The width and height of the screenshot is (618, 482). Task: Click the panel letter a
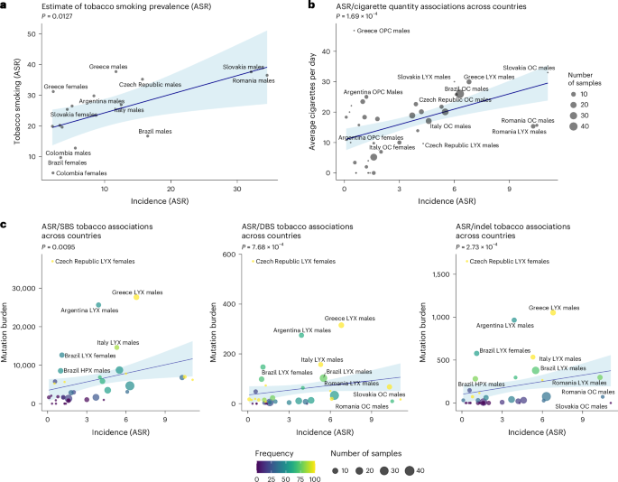click(x=5, y=6)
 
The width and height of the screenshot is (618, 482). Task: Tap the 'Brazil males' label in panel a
click(x=155, y=132)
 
